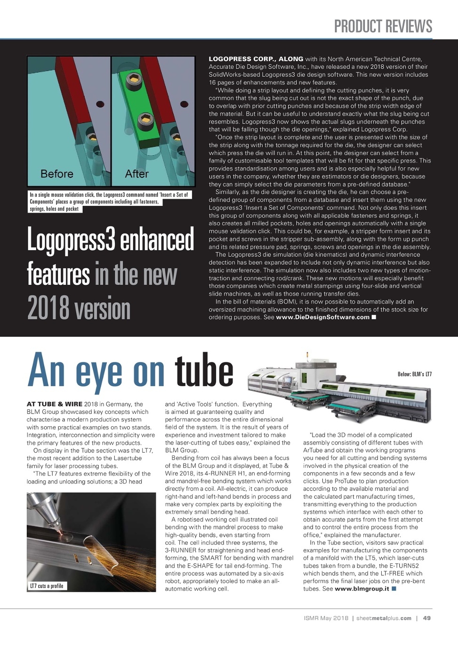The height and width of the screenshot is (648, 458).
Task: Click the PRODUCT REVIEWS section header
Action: pyautogui.click(x=383, y=26)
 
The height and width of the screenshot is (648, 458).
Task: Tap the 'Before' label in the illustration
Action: pyautogui.click(x=57, y=174)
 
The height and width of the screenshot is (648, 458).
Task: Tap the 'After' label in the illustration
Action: pyautogui.click(x=137, y=174)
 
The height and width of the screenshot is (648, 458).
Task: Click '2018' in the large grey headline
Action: pyautogui.click(x=48, y=309)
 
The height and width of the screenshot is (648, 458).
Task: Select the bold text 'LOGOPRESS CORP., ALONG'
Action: pyautogui.click(x=256, y=59)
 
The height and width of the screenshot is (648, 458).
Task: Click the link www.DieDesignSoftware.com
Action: pyautogui.click(x=322, y=317)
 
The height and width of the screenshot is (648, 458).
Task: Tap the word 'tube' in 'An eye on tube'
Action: pyautogui.click(x=204, y=371)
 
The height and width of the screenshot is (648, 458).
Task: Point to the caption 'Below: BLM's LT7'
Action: pyautogui.click(x=414, y=374)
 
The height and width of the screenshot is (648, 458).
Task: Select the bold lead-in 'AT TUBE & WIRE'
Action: pyautogui.click(x=55, y=404)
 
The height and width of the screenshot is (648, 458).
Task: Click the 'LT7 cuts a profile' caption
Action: pyautogui.click(x=47, y=586)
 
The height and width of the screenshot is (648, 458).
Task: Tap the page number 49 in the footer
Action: pyautogui.click(x=427, y=618)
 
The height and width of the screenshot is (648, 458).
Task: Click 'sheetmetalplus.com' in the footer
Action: pyautogui.click(x=384, y=618)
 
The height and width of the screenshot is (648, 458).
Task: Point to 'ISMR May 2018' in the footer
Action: pyautogui.click(x=326, y=618)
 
